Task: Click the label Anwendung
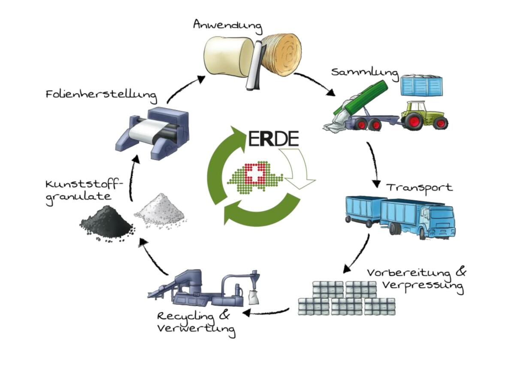point(227,25)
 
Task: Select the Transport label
point(419,188)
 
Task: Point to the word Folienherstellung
point(101,94)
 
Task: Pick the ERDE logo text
point(273,138)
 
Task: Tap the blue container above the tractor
point(421,85)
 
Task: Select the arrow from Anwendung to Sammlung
point(315,83)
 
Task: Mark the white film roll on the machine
point(146,131)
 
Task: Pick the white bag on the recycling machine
point(253,296)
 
